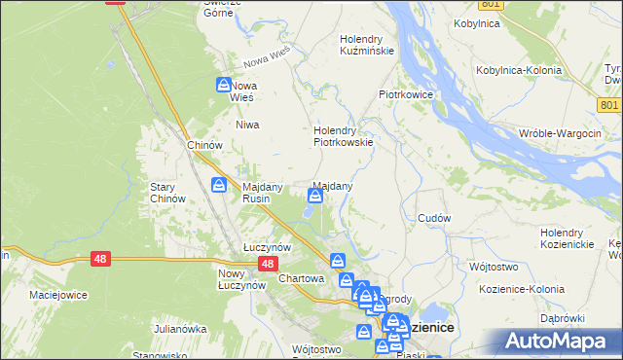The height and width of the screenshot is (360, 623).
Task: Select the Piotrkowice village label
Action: tap(405, 95)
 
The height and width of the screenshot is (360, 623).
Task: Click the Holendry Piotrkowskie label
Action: tap(343, 135)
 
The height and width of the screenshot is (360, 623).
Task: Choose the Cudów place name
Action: tap(433, 219)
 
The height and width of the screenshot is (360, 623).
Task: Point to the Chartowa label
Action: tap(300, 278)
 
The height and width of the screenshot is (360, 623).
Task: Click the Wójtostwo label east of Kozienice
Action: tap(493, 266)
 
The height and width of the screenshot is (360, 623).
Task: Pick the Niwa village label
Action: tap(245, 126)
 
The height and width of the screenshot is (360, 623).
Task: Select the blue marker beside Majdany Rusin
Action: tap(220, 185)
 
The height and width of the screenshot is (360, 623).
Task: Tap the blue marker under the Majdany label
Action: tap(315, 198)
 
